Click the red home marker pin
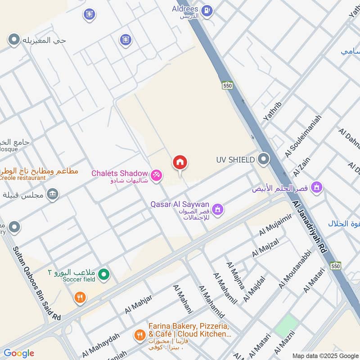coord(180,163)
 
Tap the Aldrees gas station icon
coord(207,10)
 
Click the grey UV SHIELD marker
coord(264,159)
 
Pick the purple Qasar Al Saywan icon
coord(218,209)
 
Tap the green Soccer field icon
coord(104,274)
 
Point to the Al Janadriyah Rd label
coord(309,229)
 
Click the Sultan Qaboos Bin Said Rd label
coord(36,283)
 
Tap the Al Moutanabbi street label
coord(295,269)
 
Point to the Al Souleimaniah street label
coord(303,136)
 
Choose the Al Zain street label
coord(302,167)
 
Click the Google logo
coord(18,353)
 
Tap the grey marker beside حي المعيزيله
coord(14,40)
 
